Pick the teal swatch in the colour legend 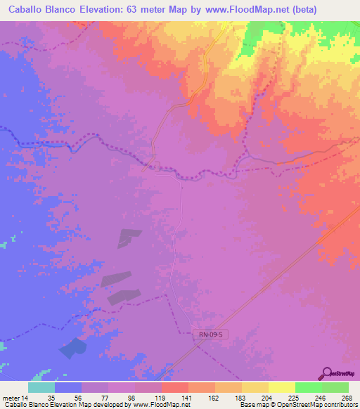pyautogui.click(x=41, y=387)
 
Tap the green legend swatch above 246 pyautogui.click(x=308, y=387)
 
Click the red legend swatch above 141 pyautogui.click(x=175, y=387)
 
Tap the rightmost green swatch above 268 pyautogui.click(x=335, y=387)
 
